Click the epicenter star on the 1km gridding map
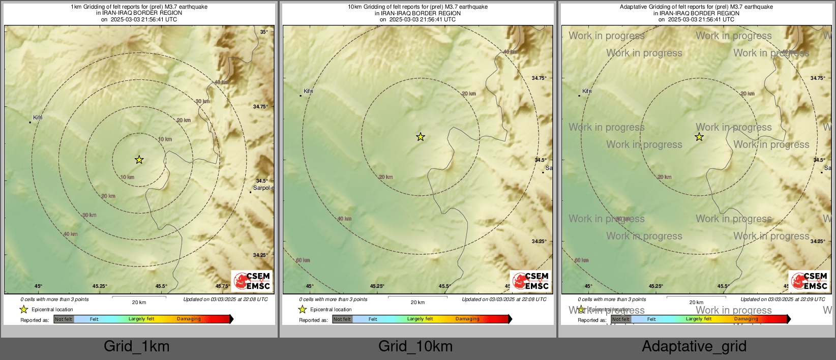click(x=139, y=160)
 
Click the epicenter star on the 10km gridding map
click(x=421, y=137)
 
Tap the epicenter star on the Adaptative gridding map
click(x=699, y=137)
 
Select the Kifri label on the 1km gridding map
click(x=38, y=117)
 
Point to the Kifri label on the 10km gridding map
click(x=308, y=91)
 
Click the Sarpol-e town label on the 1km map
click(x=263, y=188)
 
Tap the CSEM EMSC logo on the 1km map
click(x=252, y=281)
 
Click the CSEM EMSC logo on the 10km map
click(x=530, y=281)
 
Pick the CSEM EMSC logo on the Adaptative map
click(x=809, y=281)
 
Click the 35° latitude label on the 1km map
click(x=264, y=32)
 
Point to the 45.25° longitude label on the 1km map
click(x=100, y=286)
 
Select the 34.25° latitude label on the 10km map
click(x=539, y=241)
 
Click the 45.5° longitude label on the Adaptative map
click(x=723, y=286)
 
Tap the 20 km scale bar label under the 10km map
click(x=417, y=302)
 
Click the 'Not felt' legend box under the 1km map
click(x=64, y=319)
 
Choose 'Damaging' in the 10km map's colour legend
click(x=467, y=319)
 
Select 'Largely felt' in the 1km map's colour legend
click(x=141, y=319)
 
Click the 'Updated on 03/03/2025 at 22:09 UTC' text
click(x=783, y=299)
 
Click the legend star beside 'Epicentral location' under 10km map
click(x=303, y=309)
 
